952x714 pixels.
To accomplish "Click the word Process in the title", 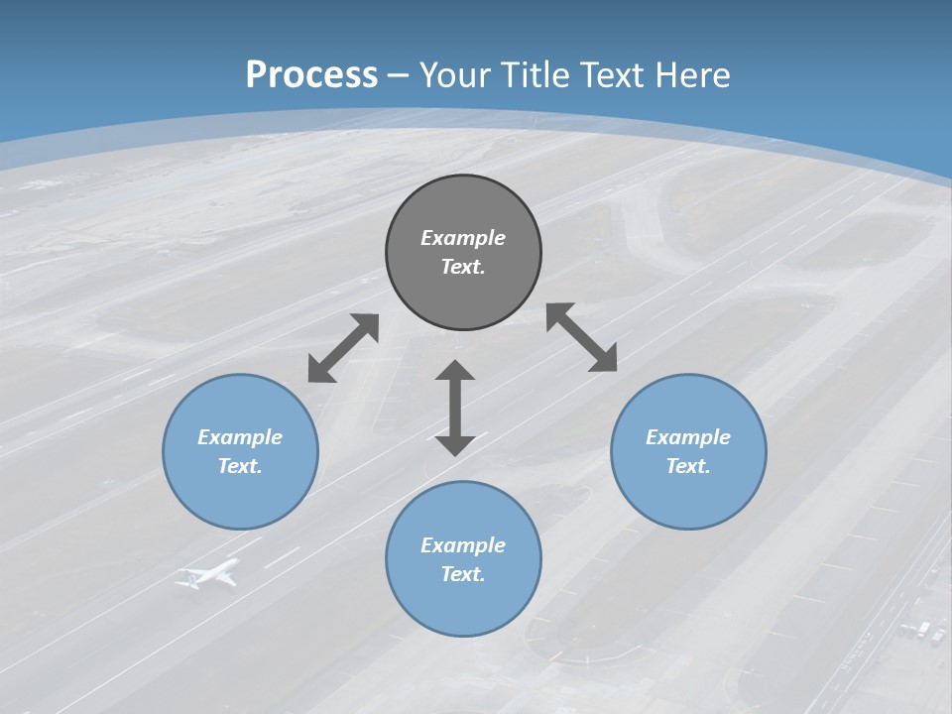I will point(311,75).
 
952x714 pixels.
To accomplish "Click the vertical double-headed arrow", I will point(455,408).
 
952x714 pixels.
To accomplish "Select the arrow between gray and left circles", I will point(343,348).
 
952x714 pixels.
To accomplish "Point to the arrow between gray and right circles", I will point(582,338).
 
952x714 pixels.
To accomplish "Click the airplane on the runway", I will point(209,574).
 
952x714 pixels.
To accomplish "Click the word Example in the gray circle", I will point(463,238).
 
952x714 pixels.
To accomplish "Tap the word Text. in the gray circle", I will point(463,267).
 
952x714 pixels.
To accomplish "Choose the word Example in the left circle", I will point(240,437).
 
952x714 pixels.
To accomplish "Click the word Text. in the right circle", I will point(688,466).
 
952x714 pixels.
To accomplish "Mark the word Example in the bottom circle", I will point(463,545).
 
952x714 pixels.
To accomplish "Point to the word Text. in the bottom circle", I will point(463,574).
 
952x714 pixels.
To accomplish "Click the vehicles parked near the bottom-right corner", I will point(922,631).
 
